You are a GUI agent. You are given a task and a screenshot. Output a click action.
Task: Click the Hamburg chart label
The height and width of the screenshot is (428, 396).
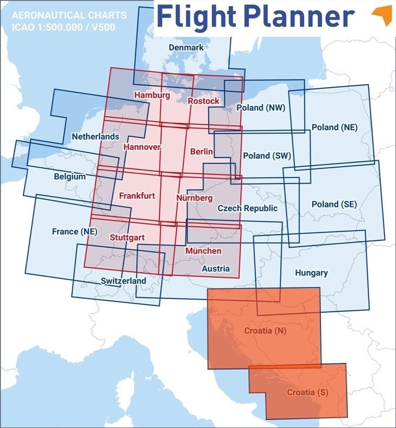tap(152, 95)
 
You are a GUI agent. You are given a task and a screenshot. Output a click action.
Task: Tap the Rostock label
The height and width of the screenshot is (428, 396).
tap(203, 101)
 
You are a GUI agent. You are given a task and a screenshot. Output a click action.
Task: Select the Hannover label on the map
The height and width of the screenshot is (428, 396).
tap(142, 147)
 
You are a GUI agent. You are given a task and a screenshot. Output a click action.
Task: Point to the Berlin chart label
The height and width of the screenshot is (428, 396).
tap(202, 152)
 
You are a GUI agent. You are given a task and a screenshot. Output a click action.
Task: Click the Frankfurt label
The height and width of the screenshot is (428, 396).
tap(137, 196)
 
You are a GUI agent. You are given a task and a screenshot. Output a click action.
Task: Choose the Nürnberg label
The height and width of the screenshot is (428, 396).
tap(194, 198)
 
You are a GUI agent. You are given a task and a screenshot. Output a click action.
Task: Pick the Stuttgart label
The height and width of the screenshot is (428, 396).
tap(127, 237)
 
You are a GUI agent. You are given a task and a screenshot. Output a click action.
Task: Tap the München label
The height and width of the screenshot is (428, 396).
tap(203, 251)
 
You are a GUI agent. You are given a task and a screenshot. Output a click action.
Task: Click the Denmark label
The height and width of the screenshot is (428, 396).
tap(186, 48)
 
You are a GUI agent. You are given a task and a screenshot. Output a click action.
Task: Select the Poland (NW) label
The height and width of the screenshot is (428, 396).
tap(261, 108)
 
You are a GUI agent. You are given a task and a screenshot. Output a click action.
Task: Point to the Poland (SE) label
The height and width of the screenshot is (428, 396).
tap(334, 204)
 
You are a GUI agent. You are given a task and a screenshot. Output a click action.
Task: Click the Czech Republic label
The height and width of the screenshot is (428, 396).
tap(247, 208)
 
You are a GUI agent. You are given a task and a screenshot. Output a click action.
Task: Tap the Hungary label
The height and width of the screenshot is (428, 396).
tap(311, 273)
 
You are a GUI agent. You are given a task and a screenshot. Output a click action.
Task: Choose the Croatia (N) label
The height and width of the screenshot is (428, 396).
tap(265, 330)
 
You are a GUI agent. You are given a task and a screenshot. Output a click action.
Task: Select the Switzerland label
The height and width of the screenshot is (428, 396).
tap(123, 281)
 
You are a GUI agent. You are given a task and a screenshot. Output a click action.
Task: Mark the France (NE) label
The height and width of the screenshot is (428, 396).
tap(74, 231)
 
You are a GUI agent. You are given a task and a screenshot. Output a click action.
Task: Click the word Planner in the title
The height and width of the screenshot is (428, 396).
tap(298, 18)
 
